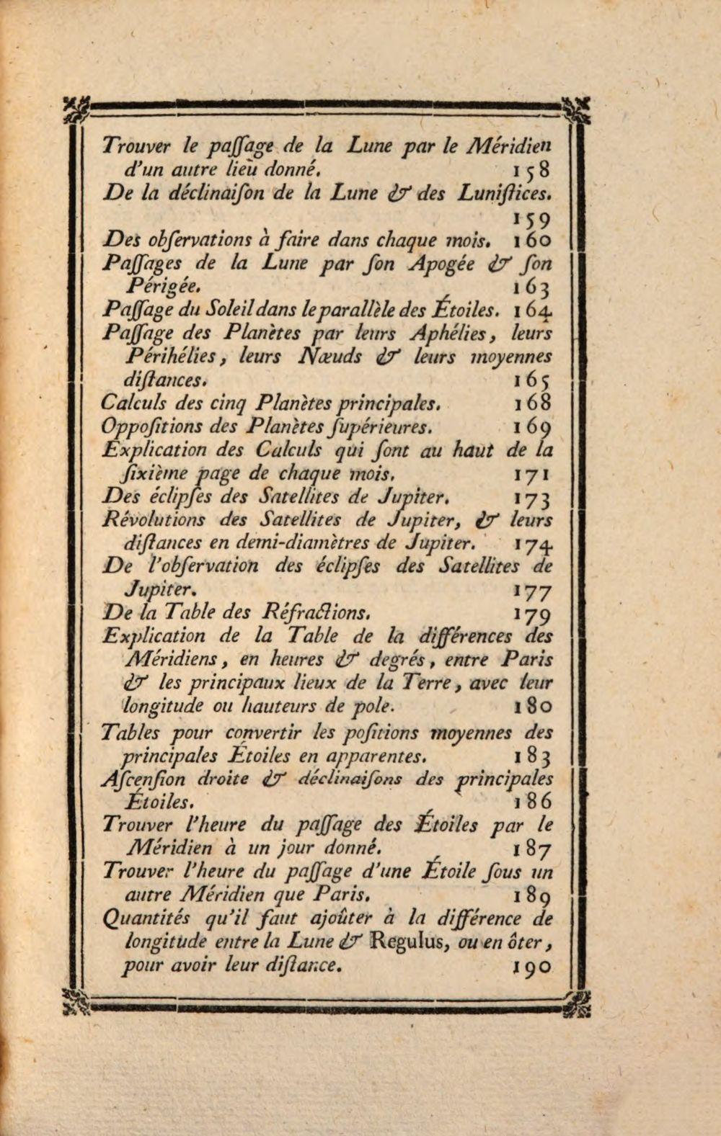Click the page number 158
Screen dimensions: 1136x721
532,171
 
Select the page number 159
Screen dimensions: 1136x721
532,218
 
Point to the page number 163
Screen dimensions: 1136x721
532,288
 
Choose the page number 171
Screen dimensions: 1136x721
532,475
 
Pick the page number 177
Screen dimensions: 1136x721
532,591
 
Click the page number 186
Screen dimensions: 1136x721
534,801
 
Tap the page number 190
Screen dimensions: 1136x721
534,966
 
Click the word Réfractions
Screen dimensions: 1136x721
317,614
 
